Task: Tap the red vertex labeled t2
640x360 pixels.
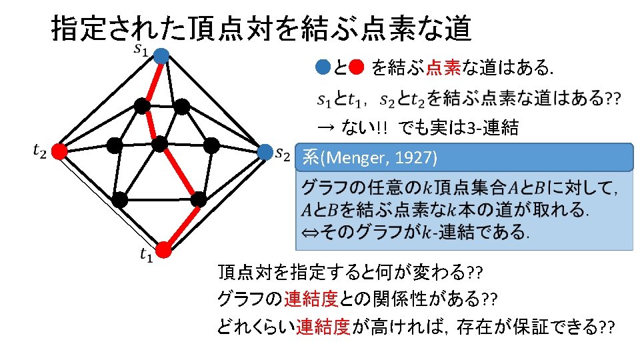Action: click(x=59, y=152)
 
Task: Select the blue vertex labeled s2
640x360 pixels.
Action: click(x=265, y=152)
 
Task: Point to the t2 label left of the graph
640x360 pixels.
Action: click(x=39, y=152)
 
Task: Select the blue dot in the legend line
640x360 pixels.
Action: click(x=322, y=67)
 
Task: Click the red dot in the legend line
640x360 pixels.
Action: click(x=355, y=67)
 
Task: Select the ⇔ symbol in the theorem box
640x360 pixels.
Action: click(x=310, y=232)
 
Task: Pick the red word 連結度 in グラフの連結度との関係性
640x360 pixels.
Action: click(x=311, y=298)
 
